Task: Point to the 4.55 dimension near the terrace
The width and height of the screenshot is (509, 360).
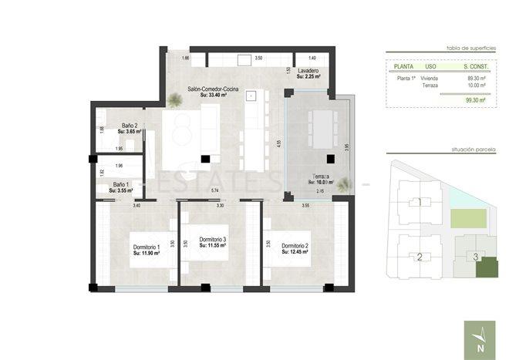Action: (279, 143)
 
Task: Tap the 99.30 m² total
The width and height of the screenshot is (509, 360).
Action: (474, 99)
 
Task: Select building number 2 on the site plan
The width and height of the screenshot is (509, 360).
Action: (420, 257)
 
